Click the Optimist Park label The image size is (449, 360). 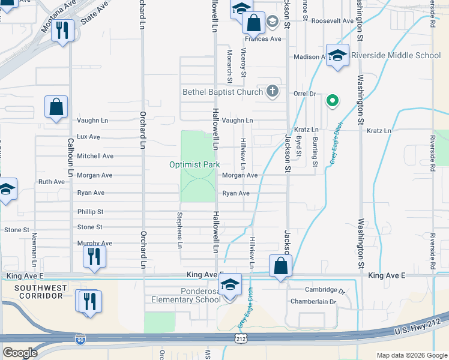(x=194, y=164)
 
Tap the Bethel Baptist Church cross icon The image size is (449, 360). (x=273, y=92)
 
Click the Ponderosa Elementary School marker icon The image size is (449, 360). (x=230, y=285)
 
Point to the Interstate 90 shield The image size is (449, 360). (x=80, y=340)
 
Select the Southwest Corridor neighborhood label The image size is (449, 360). (x=41, y=292)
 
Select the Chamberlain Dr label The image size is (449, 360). (x=313, y=301)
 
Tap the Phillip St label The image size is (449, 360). (x=90, y=212)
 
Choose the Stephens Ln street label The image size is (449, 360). (x=179, y=230)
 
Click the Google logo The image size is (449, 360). (x=20, y=353)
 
